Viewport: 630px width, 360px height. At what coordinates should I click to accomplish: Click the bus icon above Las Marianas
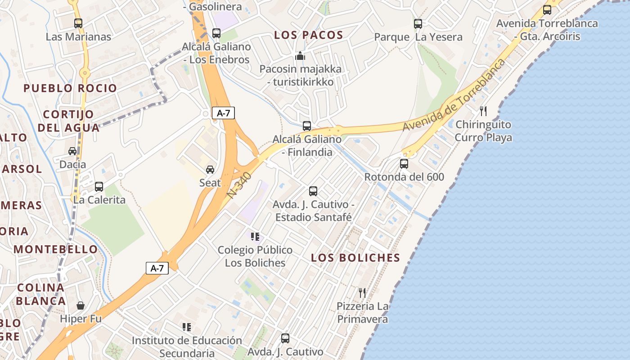(x=78, y=23)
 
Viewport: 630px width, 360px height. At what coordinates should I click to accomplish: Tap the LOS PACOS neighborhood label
(x=309, y=35)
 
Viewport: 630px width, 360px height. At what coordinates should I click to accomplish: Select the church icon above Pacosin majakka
(x=300, y=56)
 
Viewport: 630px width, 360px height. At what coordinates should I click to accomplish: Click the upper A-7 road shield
(x=223, y=113)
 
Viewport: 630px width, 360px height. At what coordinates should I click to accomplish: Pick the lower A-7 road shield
(x=157, y=269)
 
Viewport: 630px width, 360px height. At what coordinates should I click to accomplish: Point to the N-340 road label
(x=239, y=185)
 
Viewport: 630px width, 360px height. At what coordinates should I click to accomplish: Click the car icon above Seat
(x=210, y=169)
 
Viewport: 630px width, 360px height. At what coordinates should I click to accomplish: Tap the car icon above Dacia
(x=72, y=151)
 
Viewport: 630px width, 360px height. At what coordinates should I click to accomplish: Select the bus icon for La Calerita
(x=99, y=186)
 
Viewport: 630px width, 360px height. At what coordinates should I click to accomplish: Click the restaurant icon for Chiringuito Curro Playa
(x=483, y=111)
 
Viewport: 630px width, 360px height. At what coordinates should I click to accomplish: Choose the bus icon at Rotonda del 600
(x=404, y=163)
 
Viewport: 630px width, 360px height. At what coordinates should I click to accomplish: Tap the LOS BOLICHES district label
(x=355, y=258)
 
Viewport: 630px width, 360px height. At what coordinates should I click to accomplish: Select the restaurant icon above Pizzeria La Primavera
(x=362, y=293)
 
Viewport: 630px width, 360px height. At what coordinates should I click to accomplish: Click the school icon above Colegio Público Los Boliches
(x=255, y=236)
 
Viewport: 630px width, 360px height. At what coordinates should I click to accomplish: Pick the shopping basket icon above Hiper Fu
(x=81, y=306)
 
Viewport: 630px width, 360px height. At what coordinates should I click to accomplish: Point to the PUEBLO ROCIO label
(x=70, y=88)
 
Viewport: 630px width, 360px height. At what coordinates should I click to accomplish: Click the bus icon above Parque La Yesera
(x=418, y=23)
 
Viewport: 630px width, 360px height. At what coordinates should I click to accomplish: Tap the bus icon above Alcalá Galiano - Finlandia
(x=307, y=126)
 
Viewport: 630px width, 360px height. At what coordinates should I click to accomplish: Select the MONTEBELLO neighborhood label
(x=55, y=249)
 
